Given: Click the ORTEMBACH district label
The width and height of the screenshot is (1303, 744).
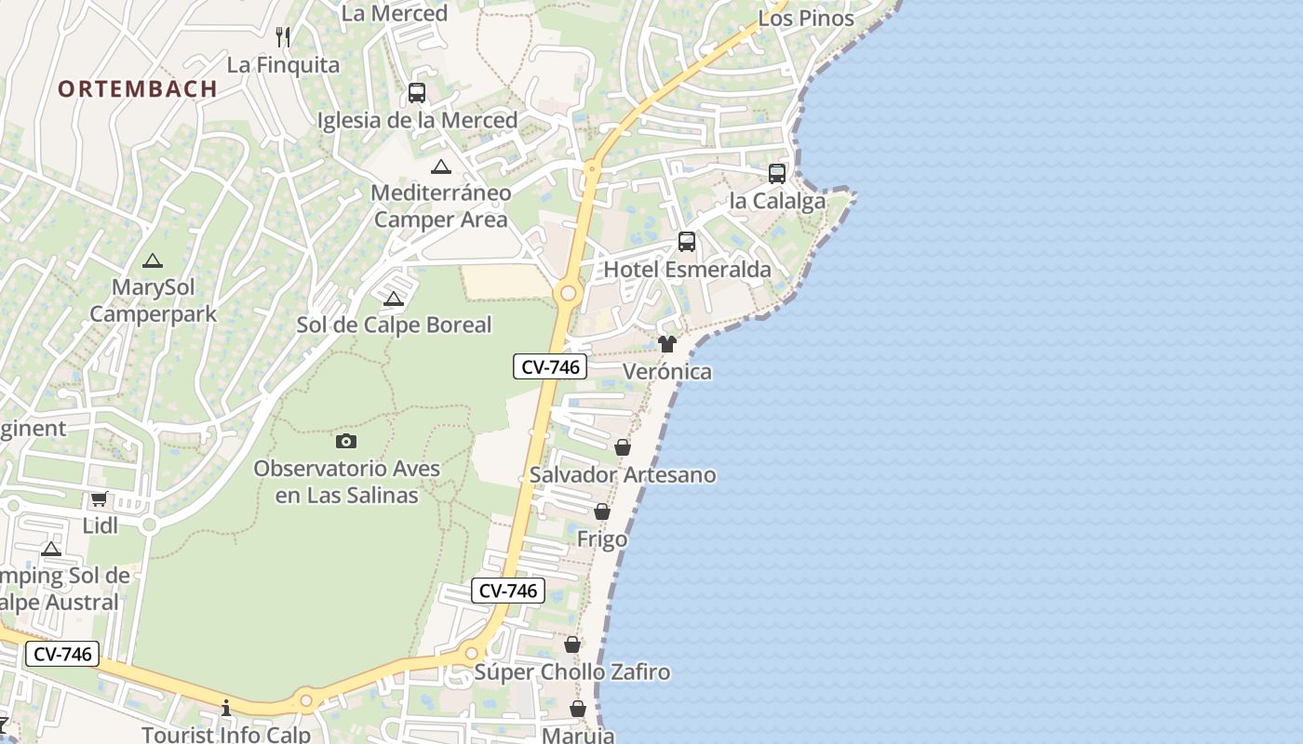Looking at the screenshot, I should coord(138,88).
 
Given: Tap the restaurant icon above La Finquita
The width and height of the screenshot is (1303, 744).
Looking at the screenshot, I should coord(283,37).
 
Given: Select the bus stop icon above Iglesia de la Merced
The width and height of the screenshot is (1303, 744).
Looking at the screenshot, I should coord(417,93).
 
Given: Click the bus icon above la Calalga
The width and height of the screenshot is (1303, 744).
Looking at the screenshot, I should coord(777,174).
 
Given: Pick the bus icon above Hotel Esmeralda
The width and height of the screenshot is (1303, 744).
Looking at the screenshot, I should coord(687,242).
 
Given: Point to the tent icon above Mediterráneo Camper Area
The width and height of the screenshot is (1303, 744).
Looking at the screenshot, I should coord(441,167).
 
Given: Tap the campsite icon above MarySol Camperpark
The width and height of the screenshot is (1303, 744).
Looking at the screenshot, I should coord(153,261).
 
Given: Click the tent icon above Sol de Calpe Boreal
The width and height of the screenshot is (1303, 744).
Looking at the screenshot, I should coord(394,299).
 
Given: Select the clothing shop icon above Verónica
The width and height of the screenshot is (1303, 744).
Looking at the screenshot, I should coord(666,344).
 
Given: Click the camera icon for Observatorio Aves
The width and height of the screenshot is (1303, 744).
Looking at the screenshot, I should coord(346,442).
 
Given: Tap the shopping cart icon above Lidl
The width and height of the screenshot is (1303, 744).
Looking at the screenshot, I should coord(100,498).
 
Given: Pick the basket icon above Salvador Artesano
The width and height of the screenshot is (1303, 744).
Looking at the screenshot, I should coord(623,448).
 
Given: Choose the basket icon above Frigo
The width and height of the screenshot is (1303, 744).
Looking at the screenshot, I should coord(602,512).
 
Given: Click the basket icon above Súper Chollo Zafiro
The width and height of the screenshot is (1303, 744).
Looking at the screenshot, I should coord(572,645).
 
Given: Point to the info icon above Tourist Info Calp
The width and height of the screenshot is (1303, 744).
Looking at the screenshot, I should coord(225,709).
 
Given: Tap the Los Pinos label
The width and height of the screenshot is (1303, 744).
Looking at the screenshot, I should coord(806,19).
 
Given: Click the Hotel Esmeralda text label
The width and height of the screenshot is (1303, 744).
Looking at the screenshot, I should coord(688,270).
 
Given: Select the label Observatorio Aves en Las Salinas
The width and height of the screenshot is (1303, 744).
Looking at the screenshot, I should coord(347,482).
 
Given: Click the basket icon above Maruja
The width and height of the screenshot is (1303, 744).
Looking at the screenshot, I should coord(578,710).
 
